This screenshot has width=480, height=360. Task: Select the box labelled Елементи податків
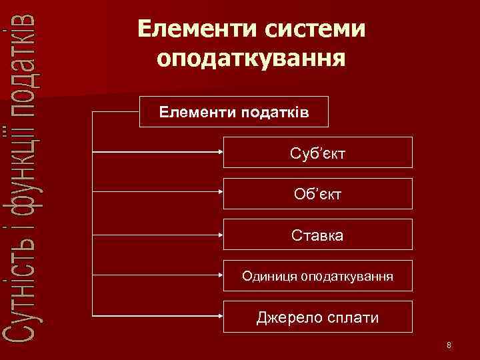click(x=233, y=111)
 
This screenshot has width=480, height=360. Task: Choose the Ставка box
click(x=317, y=235)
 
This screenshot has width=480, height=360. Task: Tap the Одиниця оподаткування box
click(x=317, y=275)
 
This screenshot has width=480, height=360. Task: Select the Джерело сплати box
click(x=317, y=317)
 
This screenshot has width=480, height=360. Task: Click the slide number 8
click(x=449, y=345)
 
